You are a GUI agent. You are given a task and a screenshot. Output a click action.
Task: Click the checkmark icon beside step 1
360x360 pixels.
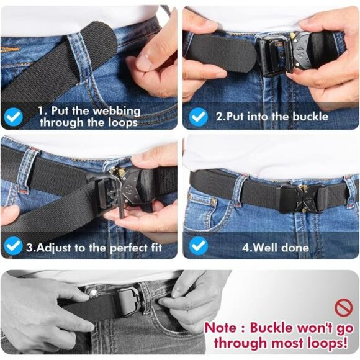coord(14,116)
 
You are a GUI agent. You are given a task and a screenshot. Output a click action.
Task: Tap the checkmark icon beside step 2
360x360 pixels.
coord(198,116)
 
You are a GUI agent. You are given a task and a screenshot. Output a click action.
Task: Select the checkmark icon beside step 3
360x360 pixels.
coord(13,246)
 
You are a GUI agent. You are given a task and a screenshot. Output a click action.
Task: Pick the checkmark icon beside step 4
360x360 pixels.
coord(198,246)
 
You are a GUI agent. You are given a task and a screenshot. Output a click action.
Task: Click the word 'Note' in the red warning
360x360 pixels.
coord(220,327)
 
